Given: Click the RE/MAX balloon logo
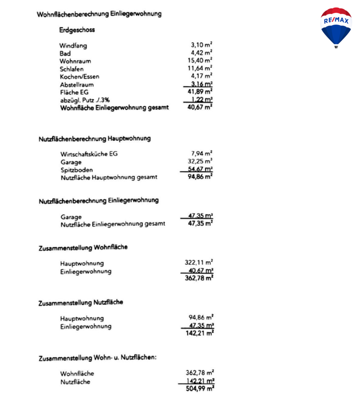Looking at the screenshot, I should point(336,27).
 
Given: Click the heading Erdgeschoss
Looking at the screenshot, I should point(77,30).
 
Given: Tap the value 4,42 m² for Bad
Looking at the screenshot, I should point(201,53).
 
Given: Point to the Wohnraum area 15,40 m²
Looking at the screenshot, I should point(200,60).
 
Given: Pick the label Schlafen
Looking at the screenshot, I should point(71,69).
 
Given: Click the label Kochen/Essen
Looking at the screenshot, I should point(79,77).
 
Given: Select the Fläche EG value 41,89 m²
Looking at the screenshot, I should point(200,92).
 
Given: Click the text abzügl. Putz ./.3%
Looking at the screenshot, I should point(85,100).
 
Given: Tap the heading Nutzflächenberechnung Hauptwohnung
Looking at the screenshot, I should point(94,139).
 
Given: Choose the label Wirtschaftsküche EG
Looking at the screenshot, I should point(89,154).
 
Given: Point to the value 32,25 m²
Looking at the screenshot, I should point(200,162).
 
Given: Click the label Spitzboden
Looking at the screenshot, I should point(76,169).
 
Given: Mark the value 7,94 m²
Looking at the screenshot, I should point(201,154).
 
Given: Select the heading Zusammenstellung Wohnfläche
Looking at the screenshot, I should point(83,248).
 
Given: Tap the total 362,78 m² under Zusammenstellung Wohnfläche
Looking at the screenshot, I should point(199,278).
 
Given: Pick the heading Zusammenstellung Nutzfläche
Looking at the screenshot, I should point(81,302).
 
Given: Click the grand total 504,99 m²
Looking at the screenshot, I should point(199,388).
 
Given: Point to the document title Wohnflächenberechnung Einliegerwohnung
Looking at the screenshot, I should point(99,14).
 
